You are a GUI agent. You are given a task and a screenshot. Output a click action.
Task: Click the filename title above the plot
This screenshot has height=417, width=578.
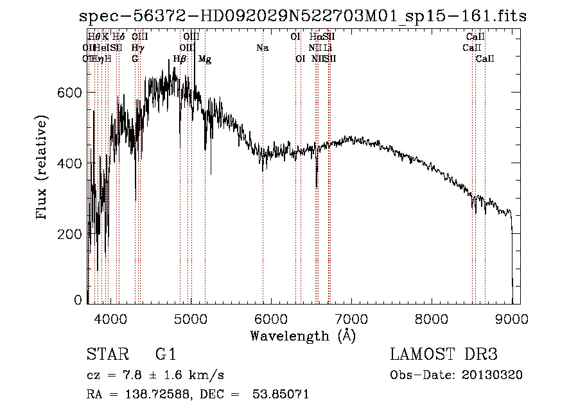pos(299,16)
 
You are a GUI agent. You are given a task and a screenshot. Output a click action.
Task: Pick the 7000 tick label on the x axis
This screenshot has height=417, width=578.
pos(351,317)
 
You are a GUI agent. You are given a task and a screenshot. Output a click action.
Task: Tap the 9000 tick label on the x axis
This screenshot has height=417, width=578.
pos(512,317)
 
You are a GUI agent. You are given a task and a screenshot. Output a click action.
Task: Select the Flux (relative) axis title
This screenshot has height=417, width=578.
pos(42,168)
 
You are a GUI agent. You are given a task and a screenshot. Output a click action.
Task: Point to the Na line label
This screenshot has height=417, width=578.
pos(262,48)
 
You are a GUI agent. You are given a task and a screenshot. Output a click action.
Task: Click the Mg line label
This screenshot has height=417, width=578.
pos(205,59)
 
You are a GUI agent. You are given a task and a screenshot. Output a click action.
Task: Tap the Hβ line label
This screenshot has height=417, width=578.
pos(180,59)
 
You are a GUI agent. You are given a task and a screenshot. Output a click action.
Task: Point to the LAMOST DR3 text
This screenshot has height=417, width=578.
pos(444,355)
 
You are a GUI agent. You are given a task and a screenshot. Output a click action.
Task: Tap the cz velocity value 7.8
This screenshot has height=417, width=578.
pos(128,375)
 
